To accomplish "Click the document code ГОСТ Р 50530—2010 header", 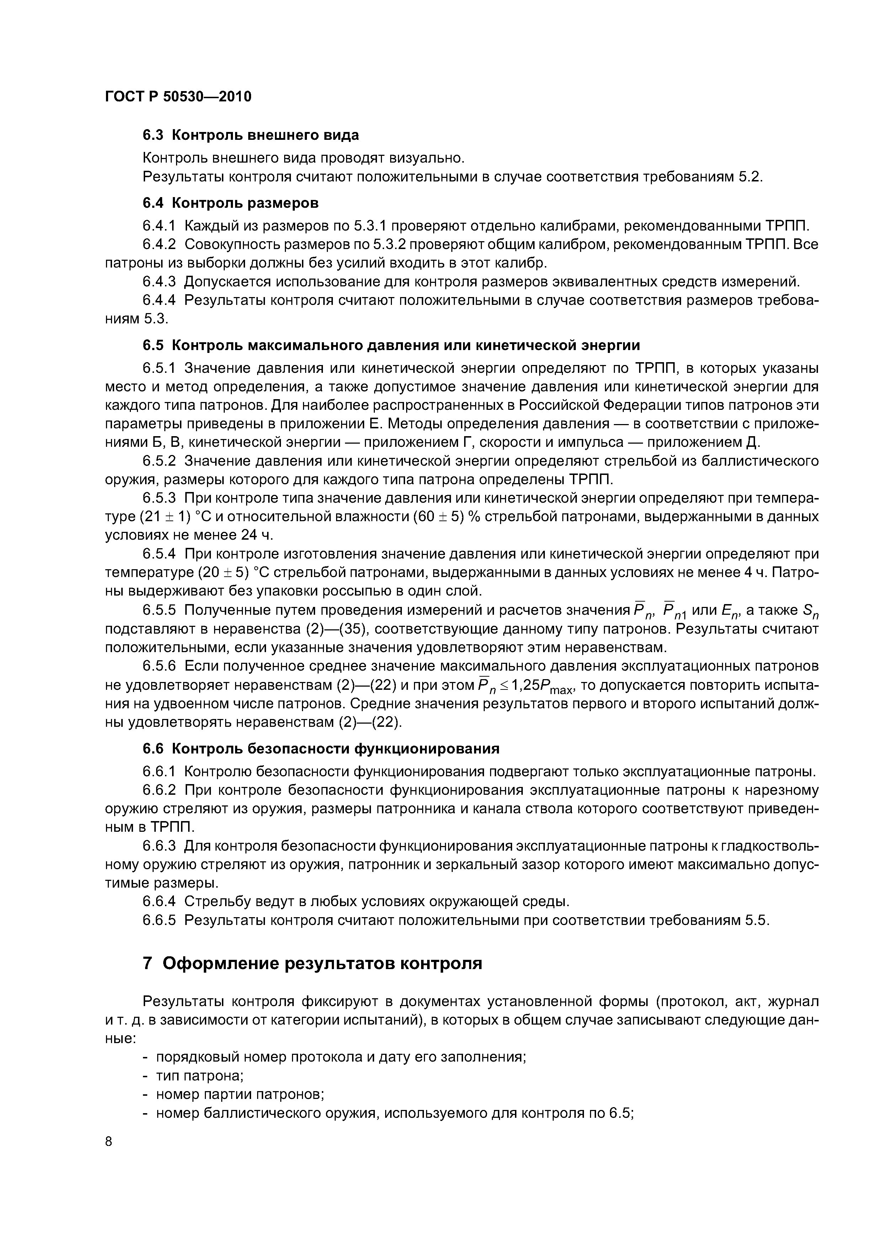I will point(178,97).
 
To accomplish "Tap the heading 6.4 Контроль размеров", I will point(230,203).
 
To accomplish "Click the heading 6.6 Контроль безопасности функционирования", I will point(321,749).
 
